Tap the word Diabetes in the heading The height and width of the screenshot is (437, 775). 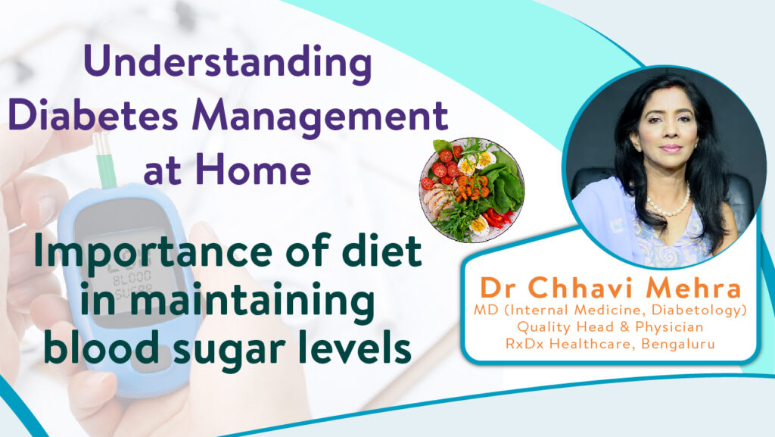click(x=93, y=114)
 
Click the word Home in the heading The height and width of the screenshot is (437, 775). click(x=253, y=168)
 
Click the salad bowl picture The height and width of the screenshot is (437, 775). click(x=472, y=190)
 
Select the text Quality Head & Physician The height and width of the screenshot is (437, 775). click(x=610, y=326)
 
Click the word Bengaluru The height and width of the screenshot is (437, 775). click(x=677, y=344)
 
